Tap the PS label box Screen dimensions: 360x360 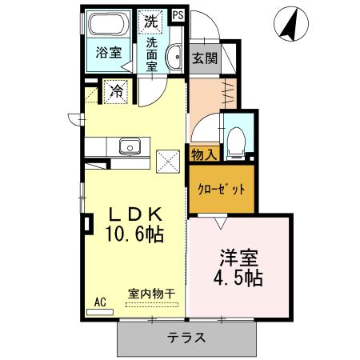[178, 14]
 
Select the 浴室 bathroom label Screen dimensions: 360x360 [109, 54]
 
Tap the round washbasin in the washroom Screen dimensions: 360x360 [174, 56]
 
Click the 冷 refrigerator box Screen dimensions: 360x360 [117, 92]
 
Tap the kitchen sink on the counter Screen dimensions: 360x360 [129, 146]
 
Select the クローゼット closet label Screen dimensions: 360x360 [221, 189]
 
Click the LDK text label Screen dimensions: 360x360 [136, 215]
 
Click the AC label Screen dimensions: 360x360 [100, 302]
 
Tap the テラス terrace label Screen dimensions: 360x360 [187, 338]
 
